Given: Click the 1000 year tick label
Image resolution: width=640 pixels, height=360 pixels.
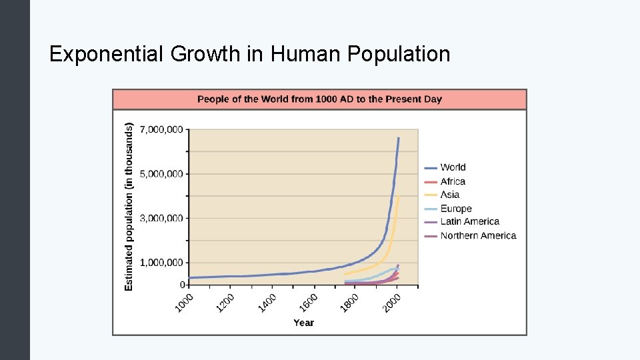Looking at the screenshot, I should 184,301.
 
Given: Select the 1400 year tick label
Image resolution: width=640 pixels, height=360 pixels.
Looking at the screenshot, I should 267,301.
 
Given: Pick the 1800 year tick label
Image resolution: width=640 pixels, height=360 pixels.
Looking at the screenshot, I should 350,301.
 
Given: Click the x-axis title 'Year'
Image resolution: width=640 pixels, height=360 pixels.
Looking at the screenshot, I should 303,323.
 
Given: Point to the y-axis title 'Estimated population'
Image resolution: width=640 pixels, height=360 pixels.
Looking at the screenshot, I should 129,206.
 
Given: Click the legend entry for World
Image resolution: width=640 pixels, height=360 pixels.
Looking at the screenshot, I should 453,167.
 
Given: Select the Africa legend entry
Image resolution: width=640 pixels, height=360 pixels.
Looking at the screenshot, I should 453,181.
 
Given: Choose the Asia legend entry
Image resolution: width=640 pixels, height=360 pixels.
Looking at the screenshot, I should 449,195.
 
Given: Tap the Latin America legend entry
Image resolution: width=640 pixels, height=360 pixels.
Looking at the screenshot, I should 469,221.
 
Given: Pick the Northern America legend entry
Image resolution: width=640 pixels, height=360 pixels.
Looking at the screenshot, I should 478,235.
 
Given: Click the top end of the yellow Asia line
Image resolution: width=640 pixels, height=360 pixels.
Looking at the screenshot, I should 398,197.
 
